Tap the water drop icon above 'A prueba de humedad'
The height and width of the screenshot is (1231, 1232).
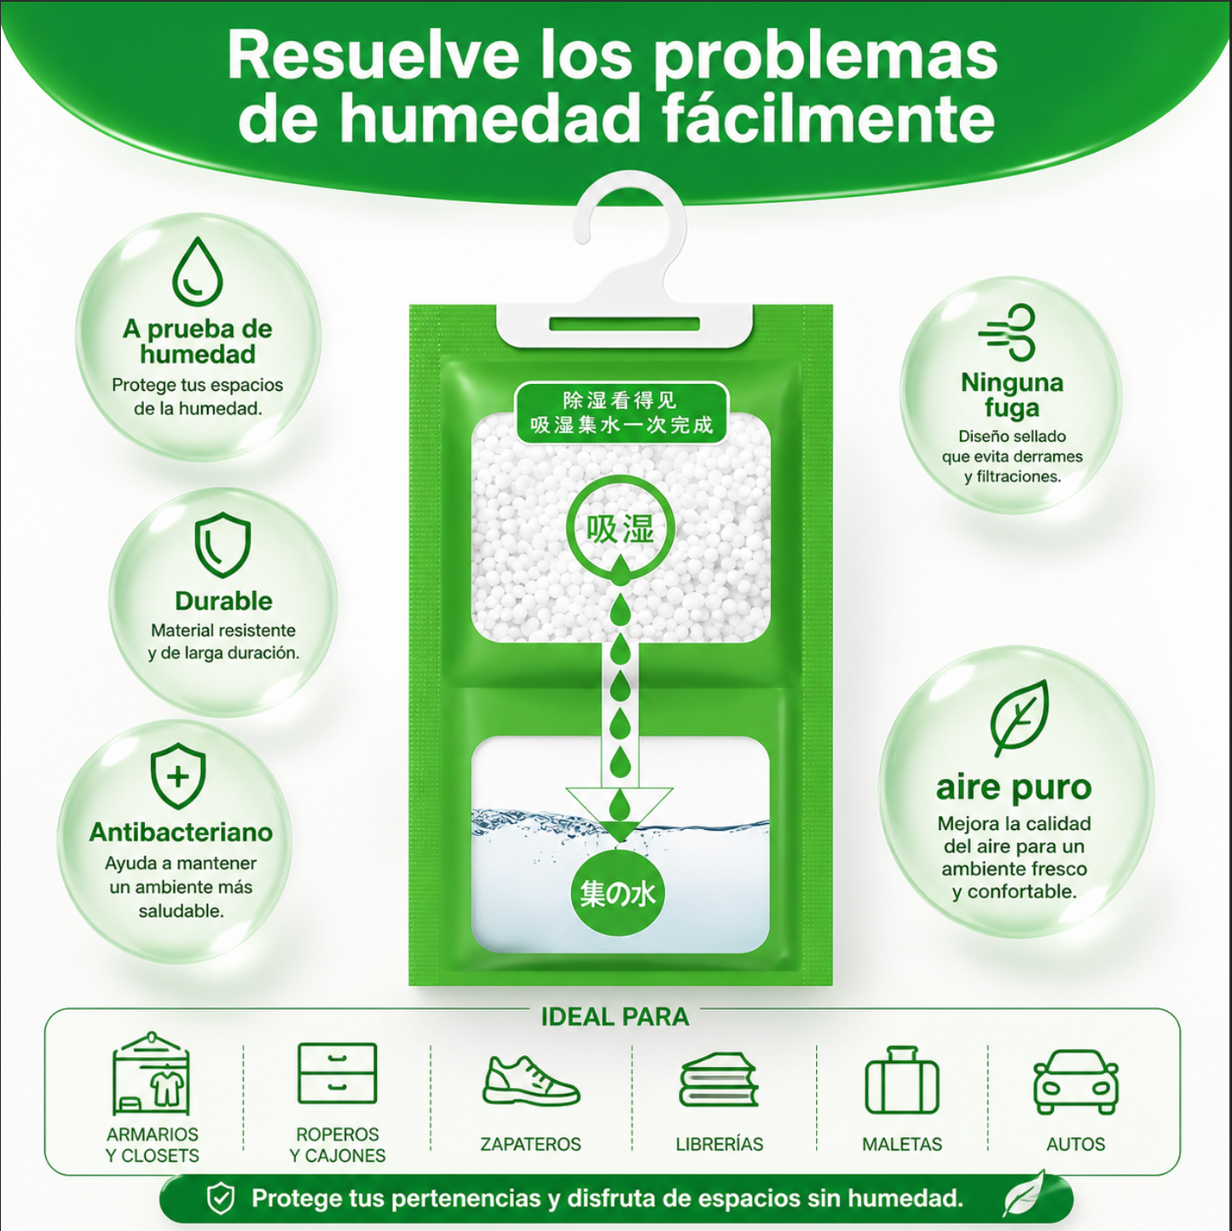pos(198,271)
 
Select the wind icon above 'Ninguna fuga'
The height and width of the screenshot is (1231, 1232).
pos(1007,332)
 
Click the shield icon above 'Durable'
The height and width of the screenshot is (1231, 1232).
pos(223,544)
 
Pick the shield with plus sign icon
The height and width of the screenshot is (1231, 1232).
pos(177,776)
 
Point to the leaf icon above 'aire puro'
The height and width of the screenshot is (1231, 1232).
pos(1019,718)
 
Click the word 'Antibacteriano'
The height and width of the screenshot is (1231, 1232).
pos(181,832)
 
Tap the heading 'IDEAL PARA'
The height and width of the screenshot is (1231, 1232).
pos(615,1017)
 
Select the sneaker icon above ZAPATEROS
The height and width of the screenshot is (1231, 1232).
pos(530,1082)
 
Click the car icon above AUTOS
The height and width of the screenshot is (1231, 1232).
pos(1076,1082)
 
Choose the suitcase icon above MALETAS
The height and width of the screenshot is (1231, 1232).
pos(901,1081)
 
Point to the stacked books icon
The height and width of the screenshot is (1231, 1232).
pos(719,1080)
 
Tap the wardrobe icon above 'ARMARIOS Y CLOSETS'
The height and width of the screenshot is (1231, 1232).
pos(151,1074)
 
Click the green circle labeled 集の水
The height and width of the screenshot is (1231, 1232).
pos(617,894)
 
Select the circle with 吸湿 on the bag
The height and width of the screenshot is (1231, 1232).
pos(620,530)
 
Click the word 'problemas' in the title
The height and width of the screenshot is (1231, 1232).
pos(824,59)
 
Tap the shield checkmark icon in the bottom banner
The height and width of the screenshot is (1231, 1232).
pos(222,1199)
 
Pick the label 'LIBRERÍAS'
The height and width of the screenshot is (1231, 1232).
pos(720,1144)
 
